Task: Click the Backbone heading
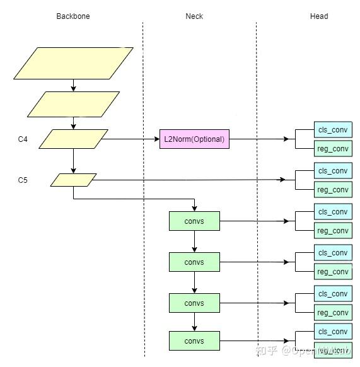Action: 73,16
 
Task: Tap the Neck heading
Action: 194,16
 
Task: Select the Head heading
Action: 319,16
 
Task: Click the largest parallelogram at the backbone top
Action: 73,63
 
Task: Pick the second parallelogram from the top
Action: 73,104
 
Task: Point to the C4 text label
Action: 23,139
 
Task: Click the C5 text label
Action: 23,180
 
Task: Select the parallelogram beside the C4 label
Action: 73,139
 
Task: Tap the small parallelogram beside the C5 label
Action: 73,180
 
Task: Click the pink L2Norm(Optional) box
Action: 194,139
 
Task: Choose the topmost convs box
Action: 194,221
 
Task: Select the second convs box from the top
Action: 194,262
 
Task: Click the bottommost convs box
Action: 194,341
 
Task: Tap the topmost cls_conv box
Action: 333,130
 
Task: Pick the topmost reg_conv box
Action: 333,149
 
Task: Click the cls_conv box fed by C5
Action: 333,171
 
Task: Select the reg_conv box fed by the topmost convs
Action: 333,231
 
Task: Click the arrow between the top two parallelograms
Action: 73,85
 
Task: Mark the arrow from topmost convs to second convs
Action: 194,242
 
